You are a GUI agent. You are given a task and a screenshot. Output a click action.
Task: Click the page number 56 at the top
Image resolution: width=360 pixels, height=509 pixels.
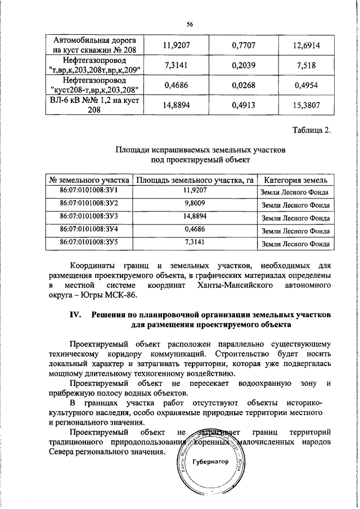[x=190, y=24]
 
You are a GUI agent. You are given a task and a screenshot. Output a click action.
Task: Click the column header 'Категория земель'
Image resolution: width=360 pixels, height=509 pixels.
[x=295, y=181]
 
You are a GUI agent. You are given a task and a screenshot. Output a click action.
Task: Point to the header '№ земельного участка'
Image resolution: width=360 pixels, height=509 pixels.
[x=89, y=181]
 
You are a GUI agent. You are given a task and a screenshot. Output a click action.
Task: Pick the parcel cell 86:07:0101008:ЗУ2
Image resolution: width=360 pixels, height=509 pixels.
[x=89, y=204]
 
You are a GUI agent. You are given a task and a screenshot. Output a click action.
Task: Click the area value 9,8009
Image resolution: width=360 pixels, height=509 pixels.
[x=194, y=204]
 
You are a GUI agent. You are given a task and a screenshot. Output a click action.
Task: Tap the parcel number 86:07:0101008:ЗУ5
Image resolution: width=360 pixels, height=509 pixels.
[x=89, y=242]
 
